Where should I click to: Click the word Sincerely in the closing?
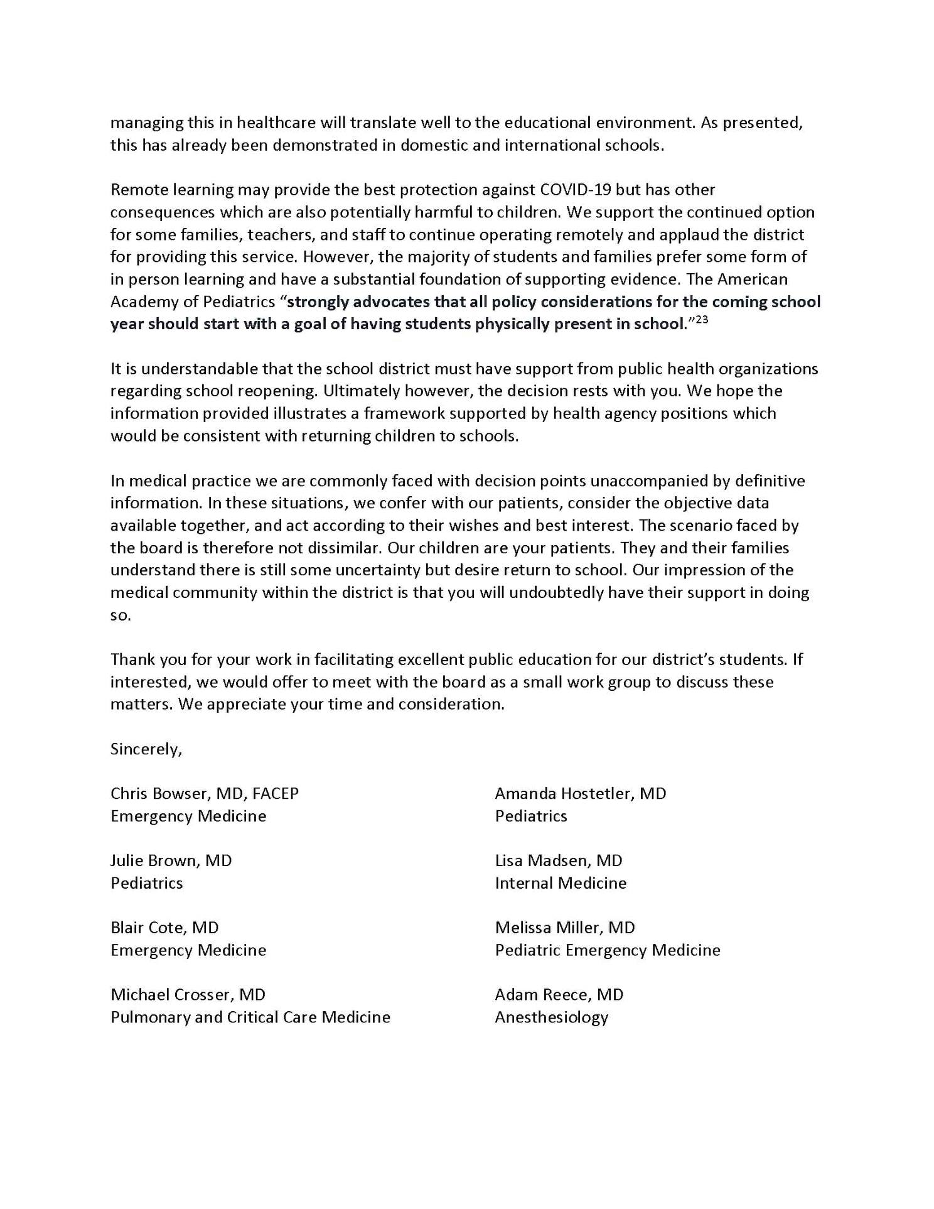145,749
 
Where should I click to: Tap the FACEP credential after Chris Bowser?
276,794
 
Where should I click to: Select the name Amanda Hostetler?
564,794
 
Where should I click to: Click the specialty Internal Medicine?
561,884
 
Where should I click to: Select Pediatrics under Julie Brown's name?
147,884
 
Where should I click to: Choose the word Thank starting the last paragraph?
132,660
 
